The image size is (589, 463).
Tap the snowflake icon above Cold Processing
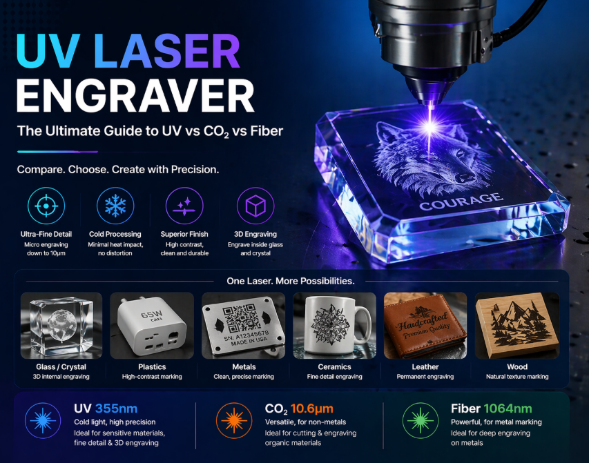click(x=115, y=206)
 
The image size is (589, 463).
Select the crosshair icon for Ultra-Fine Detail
click(x=46, y=206)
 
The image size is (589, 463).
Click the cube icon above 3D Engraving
click(x=255, y=206)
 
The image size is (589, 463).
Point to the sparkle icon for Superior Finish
click(x=185, y=206)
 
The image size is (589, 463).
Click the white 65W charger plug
click(x=150, y=325)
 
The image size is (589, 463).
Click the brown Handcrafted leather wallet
click(x=425, y=325)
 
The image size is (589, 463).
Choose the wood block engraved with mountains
click(x=516, y=325)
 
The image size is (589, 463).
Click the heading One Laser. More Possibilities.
click(x=291, y=281)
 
